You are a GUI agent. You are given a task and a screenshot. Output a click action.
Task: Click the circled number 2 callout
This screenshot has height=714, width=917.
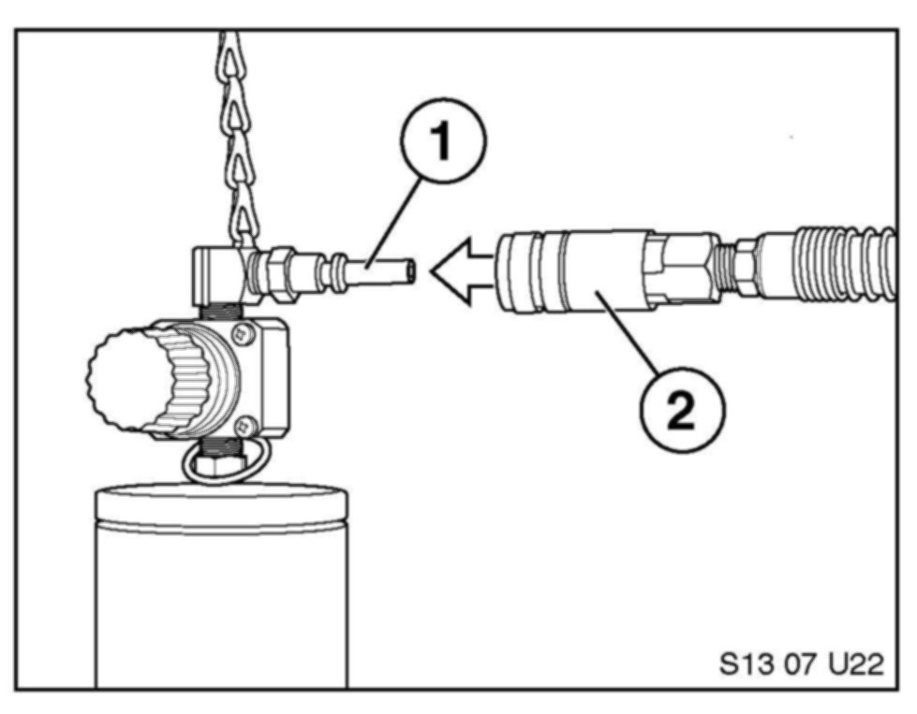tap(683, 408)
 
